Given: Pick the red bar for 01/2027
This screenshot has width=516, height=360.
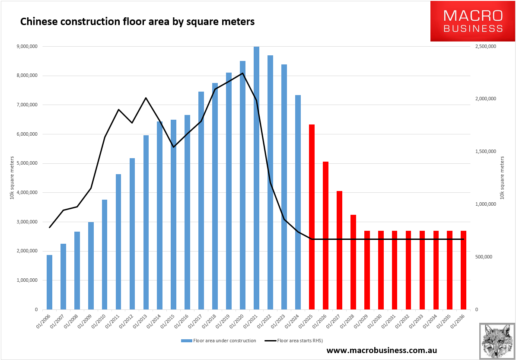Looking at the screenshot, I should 339,250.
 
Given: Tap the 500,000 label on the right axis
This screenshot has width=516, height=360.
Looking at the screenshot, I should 484,257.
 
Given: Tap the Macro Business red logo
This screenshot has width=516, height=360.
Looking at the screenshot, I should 472,21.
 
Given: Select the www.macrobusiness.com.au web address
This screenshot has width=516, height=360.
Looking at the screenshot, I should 382,350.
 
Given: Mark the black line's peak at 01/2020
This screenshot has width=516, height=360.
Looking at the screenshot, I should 242,73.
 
